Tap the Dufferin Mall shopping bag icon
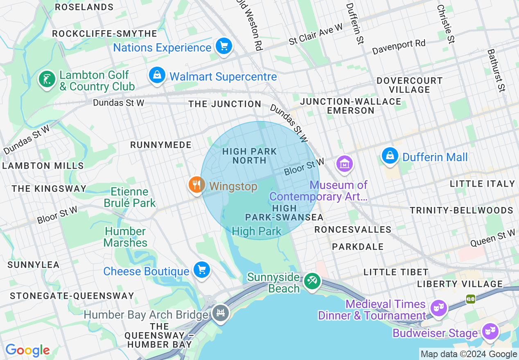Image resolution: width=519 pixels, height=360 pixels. (x=390, y=156)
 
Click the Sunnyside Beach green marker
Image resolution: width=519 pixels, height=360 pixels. (x=312, y=281)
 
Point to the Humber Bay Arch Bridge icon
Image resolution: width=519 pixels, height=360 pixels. (x=221, y=313)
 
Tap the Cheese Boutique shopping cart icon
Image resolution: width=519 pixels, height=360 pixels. (x=201, y=270)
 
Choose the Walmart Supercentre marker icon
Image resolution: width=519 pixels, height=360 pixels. (x=157, y=75)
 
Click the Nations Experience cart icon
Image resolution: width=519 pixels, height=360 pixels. (x=223, y=46)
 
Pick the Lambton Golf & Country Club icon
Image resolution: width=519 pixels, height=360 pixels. (x=47, y=79)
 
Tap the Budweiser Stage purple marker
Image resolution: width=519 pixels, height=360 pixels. (x=490, y=330)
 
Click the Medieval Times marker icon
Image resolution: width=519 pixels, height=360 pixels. (x=438, y=307)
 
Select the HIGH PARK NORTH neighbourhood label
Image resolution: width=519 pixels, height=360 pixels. (x=249, y=156)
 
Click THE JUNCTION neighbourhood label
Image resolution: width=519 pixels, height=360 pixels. (x=225, y=104)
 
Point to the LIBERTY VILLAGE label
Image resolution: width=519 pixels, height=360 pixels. (x=460, y=284)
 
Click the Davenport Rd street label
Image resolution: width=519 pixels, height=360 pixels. (x=399, y=47)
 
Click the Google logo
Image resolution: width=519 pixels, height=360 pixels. (x=27, y=350)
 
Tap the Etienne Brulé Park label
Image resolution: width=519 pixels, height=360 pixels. (x=130, y=197)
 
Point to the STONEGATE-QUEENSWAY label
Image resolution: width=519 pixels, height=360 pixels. (x=72, y=296)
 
